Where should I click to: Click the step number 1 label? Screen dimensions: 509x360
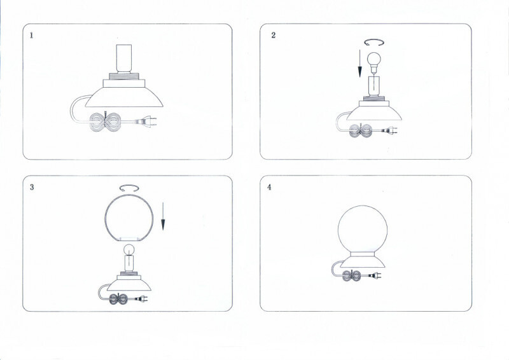[x=31, y=36]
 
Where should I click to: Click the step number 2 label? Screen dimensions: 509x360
[x=274, y=35]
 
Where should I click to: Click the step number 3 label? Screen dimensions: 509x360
[x=32, y=187]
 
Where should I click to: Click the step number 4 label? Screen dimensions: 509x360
[x=269, y=187]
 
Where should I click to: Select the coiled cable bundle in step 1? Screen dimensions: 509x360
[x=105, y=121]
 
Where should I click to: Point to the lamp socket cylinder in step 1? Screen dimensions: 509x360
[x=124, y=59]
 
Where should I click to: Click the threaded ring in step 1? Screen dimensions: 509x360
[x=123, y=76]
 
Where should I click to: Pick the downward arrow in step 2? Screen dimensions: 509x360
[x=359, y=64]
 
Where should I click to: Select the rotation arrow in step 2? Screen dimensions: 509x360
[x=374, y=43]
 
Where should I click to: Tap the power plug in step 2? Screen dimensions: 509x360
[x=389, y=131]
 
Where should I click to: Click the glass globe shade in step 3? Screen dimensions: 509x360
[x=129, y=218]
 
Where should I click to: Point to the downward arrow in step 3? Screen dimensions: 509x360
[x=163, y=216]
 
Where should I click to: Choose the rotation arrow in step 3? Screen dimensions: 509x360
[x=129, y=188]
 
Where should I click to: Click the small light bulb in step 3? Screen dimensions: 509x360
[x=129, y=250]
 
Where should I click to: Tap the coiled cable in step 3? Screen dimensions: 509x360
[x=118, y=299]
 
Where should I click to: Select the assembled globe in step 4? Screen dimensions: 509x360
[x=363, y=229]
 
